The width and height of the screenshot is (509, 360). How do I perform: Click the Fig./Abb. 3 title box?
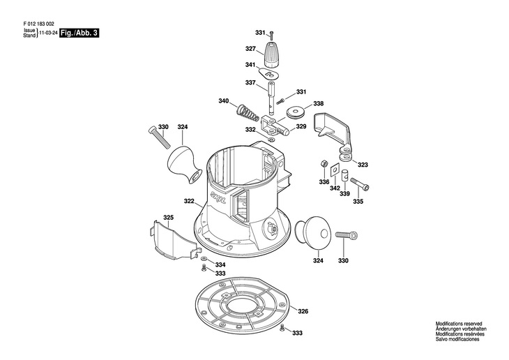coord(79,33)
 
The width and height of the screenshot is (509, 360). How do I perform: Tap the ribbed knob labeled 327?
coord(270,54)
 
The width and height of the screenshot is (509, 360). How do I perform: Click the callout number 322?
coord(189,201)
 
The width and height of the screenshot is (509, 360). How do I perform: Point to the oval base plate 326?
coord(242,306)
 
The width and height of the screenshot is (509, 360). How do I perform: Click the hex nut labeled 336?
coord(324,163)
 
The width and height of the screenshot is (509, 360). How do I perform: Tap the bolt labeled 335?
coord(360,183)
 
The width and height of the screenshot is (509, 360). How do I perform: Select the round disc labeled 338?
coord(296,112)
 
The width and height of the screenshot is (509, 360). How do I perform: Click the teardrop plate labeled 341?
coord(269,73)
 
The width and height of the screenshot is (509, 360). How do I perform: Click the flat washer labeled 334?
coord(204,258)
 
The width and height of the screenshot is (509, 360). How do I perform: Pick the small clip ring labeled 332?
coord(272,140)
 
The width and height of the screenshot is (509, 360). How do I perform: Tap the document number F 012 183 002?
coord(39,24)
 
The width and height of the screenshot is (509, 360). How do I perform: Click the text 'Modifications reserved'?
coord(459,324)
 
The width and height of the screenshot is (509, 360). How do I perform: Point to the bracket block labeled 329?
coord(275,126)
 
